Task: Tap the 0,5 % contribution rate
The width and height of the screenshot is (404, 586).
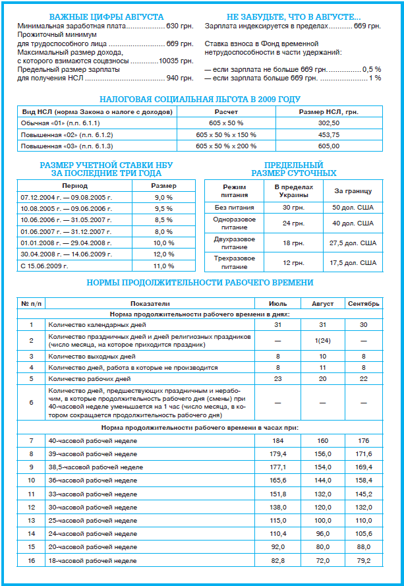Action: coord(372,69)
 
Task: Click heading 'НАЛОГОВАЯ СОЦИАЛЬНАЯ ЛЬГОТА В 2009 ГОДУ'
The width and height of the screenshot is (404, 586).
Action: coord(199,100)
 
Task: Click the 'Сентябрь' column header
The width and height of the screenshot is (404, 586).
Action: coord(363,304)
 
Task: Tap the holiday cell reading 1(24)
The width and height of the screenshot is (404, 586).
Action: coord(323,340)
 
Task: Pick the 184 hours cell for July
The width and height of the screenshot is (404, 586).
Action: coord(278,440)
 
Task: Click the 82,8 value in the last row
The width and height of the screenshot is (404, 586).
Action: coord(278,560)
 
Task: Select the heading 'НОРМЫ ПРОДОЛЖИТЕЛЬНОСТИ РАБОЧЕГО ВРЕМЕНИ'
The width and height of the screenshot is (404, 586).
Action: coord(200,283)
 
